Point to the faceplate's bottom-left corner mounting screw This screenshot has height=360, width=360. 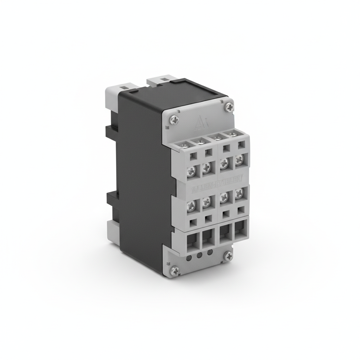pyautogui.click(x=175, y=270)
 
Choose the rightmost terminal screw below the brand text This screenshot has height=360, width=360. pyautogui.click(x=239, y=193)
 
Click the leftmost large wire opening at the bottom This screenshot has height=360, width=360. pyautogui.click(x=192, y=241)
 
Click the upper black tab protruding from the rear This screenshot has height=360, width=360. pyautogui.click(x=112, y=131)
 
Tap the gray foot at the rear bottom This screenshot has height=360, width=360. pyautogui.click(x=112, y=232)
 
